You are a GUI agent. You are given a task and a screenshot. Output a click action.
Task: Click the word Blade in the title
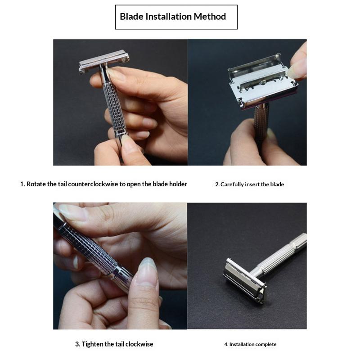pos(131,17)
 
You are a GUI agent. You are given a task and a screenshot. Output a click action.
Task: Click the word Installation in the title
pos(168,17)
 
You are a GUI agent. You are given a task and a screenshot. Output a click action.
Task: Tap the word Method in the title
pos(210,17)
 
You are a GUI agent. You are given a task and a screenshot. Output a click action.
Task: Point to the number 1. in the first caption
pos(22,184)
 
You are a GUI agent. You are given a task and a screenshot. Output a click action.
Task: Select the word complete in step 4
pos(265,344)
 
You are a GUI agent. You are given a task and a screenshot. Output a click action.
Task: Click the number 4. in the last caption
pos(226,344)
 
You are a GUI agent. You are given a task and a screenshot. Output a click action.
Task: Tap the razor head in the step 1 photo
pos(104,61)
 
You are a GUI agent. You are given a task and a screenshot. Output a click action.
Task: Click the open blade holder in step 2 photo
pos(263,81)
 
